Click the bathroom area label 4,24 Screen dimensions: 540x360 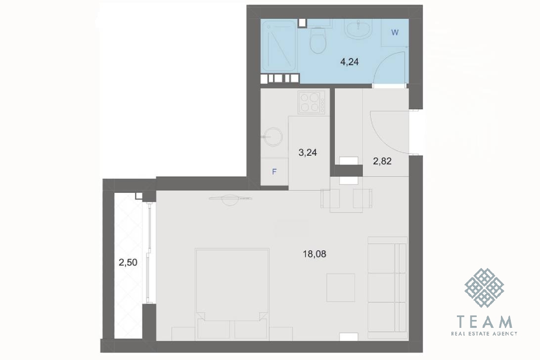pos(349,62)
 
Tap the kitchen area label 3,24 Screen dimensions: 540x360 pos(308,153)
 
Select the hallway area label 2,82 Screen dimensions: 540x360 pos(382,161)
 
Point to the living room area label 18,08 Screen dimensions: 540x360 pos(315,254)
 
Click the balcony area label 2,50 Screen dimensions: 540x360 pos(128,263)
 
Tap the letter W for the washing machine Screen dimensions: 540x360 pos(395,33)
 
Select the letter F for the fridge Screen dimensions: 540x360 pos(274,172)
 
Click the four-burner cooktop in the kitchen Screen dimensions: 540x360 pos(312,102)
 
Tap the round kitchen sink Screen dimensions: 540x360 pos(274,137)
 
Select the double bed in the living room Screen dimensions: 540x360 pos(232,293)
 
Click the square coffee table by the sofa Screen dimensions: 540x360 pos(341,288)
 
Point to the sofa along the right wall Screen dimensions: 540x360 pos(388,288)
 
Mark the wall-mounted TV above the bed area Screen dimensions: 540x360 pos(230,198)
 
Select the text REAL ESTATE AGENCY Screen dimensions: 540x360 pos(484,333)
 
